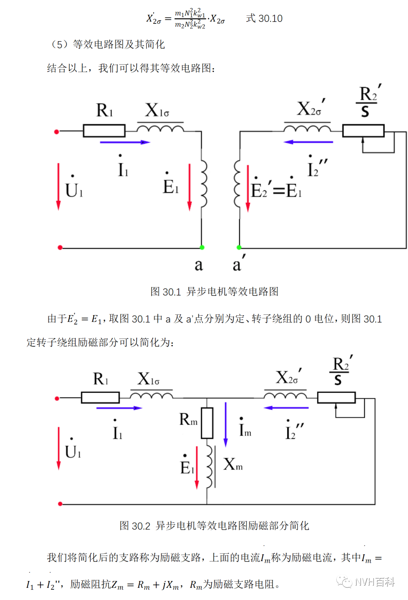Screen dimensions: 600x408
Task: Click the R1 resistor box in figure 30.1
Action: (x=104, y=131)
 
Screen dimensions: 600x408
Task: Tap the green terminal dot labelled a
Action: (x=202, y=247)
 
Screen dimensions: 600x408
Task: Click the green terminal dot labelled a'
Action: (x=239, y=247)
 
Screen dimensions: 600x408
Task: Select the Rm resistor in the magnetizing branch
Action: (x=207, y=423)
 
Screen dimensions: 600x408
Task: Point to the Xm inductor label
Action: (x=233, y=464)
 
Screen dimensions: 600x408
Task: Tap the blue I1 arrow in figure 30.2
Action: (x=119, y=408)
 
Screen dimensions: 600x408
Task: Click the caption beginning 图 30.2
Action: (x=214, y=526)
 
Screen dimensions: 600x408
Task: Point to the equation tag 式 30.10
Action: (x=264, y=19)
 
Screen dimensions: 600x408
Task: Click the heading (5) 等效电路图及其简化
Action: (x=108, y=45)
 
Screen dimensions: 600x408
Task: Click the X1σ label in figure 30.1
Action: (x=157, y=111)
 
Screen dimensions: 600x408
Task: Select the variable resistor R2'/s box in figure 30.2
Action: (x=336, y=397)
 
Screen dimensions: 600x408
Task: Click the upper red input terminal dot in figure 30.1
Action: (x=57, y=132)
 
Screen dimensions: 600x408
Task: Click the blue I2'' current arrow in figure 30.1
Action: (x=308, y=142)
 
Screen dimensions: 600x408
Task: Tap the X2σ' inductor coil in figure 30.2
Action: (x=285, y=396)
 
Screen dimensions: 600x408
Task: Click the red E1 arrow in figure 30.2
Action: (x=197, y=467)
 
